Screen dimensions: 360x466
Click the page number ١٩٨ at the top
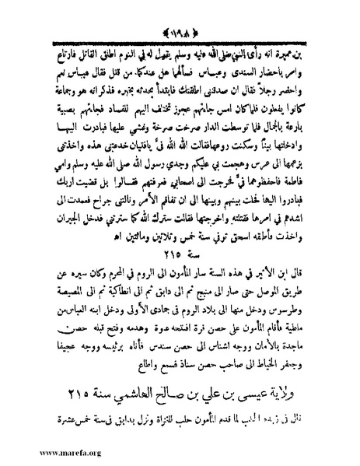(180, 12)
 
